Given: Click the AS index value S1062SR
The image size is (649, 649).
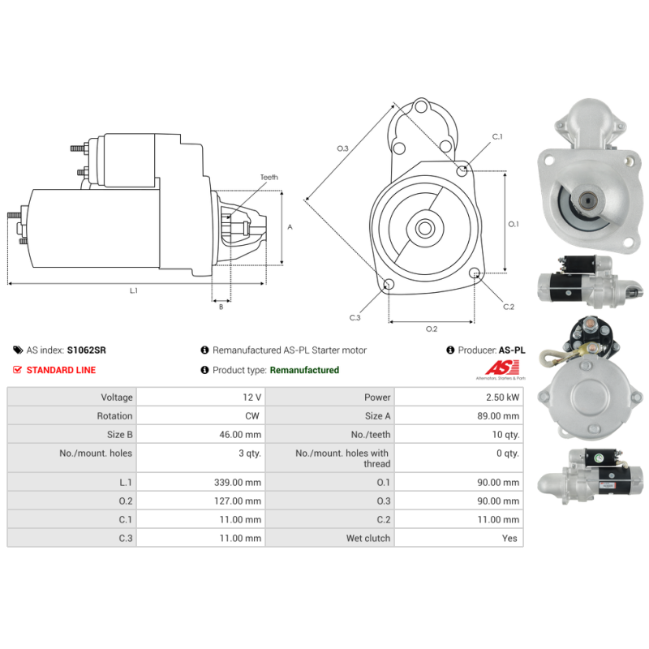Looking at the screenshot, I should (x=86, y=350).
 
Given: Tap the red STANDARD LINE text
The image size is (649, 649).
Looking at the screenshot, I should (x=61, y=370).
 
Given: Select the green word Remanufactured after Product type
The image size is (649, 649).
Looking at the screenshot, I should (x=304, y=370).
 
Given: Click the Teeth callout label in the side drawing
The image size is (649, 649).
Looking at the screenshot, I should (x=269, y=177).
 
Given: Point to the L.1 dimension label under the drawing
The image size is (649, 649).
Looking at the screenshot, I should (x=134, y=290).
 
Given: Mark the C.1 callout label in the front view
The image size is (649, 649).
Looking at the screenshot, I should (x=497, y=136).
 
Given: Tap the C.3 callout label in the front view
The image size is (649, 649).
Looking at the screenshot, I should (x=355, y=317).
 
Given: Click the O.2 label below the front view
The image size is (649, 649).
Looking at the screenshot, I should (x=432, y=329).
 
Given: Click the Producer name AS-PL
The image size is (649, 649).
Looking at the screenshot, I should (x=512, y=350).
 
